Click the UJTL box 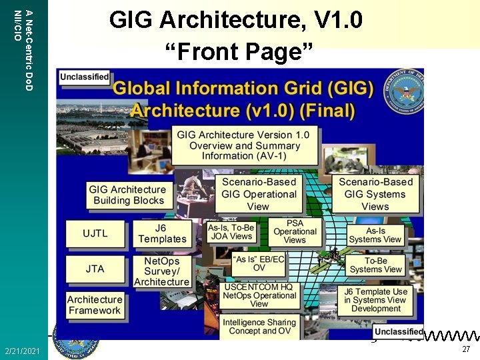[95, 234]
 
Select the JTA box [95, 269]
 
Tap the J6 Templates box [162, 233]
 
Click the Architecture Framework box [95, 305]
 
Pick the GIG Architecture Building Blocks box [129, 195]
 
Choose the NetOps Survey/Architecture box [162, 271]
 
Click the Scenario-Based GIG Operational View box [259, 194]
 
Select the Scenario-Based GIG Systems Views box [375, 194]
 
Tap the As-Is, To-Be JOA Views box [231, 232]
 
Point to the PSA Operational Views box [295, 232]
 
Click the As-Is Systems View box [375, 235]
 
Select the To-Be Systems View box [375, 265]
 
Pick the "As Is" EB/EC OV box [259, 263]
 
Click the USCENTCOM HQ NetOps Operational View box [259, 295]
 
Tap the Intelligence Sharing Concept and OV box [257, 327]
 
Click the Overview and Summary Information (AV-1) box [243, 145]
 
